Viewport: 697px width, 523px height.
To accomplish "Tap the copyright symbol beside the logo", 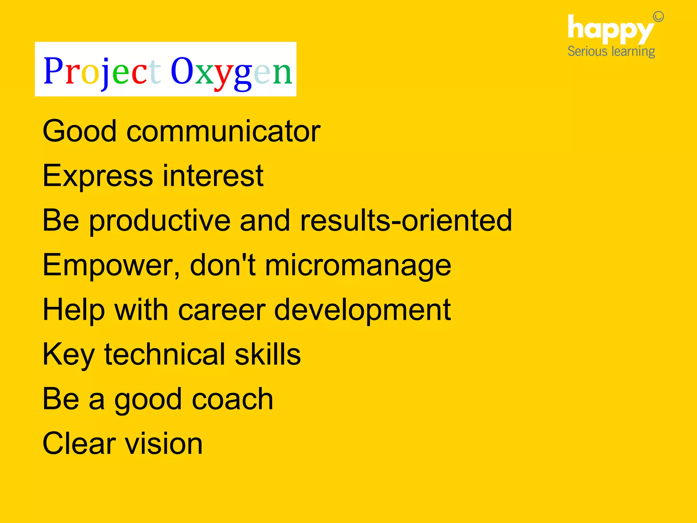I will (x=658, y=17).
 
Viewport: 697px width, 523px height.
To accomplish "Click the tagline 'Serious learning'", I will (x=611, y=52).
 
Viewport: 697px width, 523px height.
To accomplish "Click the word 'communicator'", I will (x=223, y=131).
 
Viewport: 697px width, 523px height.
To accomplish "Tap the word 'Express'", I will (x=98, y=176).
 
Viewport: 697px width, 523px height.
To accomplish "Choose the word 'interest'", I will (x=213, y=176).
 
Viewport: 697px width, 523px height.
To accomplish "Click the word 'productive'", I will (x=160, y=221).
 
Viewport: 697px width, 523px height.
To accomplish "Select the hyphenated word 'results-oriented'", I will (x=406, y=221).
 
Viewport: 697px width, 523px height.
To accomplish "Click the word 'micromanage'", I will (x=358, y=265).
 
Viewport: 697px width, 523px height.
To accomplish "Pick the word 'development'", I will (x=362, y=310).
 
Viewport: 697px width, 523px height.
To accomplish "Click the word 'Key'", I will (x=68, y=354).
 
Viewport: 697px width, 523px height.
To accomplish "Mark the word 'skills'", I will (x=268, y=354).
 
